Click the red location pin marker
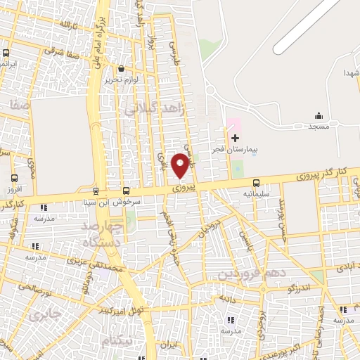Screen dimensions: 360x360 pyautogui.click(x=180, y=165)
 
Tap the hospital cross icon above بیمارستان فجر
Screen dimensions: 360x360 pyautogui.click(x=235, y=138)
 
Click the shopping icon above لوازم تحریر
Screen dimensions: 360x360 pyautogui.click(x=122, y=69)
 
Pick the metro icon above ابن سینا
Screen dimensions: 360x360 pyautogui.click(x=96, y=190)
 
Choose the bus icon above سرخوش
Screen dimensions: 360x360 pyautogui.click(x=126, y=190)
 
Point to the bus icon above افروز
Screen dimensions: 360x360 pyautogui.click(x=15, y=178)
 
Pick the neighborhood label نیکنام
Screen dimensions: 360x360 pyautogui.click(x=115, y=341)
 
